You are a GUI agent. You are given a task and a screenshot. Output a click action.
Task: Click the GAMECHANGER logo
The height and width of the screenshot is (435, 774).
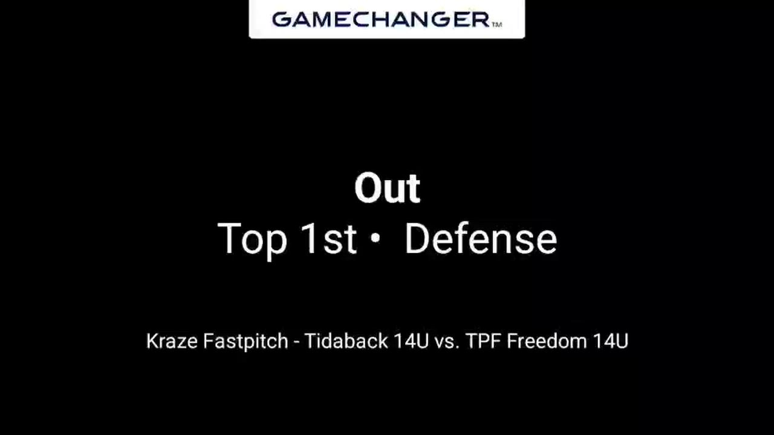(x=381, y=19)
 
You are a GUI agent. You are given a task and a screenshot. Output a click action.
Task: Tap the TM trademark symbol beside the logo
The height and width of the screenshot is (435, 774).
(x=496, y=25)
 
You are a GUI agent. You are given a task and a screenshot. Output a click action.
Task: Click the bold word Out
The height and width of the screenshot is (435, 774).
(x=387, y=188)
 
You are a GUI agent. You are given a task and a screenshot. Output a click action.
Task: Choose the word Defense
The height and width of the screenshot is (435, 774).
(x=481, y=239)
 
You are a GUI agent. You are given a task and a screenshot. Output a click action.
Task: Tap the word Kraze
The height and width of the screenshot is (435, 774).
(x=172, y=341)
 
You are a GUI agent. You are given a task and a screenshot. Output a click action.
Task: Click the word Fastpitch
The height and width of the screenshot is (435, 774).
(x=246, y=342)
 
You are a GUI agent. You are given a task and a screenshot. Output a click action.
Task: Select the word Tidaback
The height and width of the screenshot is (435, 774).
(x=346, y=341)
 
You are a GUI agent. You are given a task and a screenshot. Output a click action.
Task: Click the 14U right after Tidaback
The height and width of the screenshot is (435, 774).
(x=411, y=341)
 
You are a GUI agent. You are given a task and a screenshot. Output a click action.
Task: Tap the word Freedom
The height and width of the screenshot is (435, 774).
(x=547, y=341)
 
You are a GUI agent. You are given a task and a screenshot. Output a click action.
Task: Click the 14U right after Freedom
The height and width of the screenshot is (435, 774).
(x=610, y=341)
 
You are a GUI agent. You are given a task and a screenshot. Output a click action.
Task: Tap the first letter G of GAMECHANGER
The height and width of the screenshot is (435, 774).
(x=282, y=19)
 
